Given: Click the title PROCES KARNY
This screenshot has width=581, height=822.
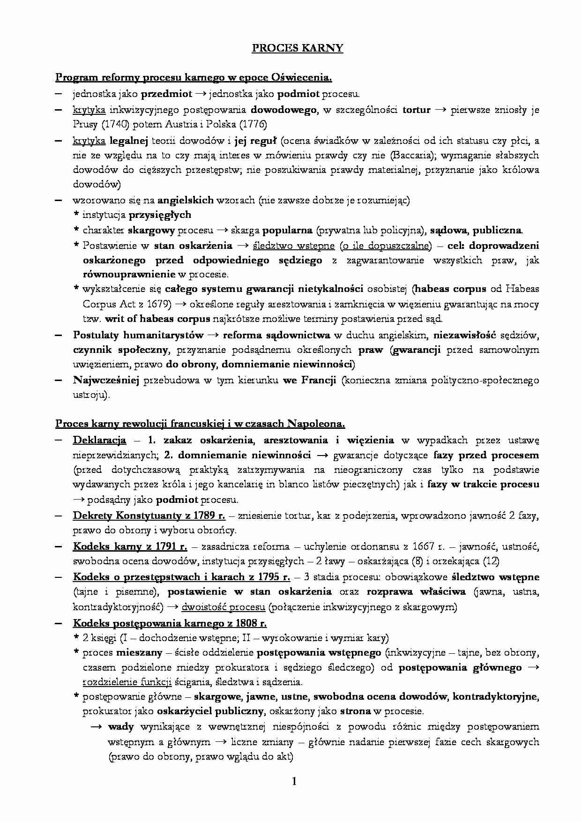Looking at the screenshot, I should (297, 48).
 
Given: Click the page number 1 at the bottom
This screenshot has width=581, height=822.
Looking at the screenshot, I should (294, 781).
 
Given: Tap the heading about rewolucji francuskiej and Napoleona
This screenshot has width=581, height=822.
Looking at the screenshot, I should (200, 424).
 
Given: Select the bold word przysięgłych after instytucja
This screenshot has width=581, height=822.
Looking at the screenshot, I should (160, 215).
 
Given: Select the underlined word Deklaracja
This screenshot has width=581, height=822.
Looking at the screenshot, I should (99, 440).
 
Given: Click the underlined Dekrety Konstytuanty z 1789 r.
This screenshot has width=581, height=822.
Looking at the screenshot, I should (149, 516).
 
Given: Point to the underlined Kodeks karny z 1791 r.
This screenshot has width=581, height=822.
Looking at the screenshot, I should (130, 546).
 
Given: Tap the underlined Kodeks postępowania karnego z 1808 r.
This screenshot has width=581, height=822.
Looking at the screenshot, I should (170, 623).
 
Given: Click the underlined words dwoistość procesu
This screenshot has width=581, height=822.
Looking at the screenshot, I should (223, 607).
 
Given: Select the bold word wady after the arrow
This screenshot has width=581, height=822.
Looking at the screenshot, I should (120, 727).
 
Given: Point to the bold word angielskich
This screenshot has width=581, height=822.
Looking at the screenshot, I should (186, 201).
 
